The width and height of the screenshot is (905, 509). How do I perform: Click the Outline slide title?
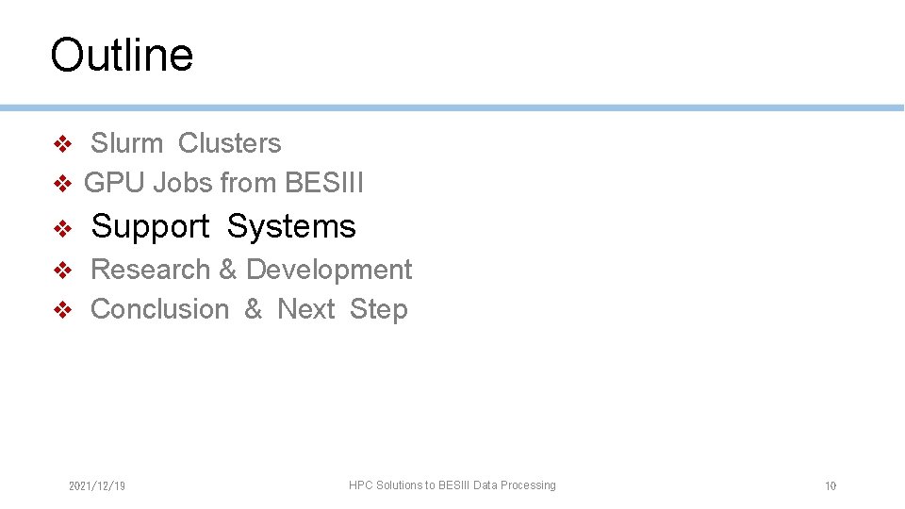tap(122, 55)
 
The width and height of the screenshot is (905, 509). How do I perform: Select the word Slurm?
tap(126, 143)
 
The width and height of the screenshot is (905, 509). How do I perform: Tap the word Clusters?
tap(229, 143)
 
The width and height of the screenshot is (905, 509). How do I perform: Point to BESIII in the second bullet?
tap(323, 183)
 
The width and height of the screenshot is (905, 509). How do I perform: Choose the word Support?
tap(150, 227)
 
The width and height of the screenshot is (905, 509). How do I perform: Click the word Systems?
tap(291, 227)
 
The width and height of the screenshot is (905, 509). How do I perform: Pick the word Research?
tap(150, 270)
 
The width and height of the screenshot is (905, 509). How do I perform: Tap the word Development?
tap(329, 270)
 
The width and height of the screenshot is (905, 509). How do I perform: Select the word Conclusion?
tap(159, 309)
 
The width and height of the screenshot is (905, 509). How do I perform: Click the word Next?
tap(306, 309)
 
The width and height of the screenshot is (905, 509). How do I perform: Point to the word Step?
tap(378, 309)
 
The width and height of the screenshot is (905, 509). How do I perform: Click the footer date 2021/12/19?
tap(97, 486)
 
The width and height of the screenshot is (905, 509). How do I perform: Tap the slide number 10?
tap(831, 486)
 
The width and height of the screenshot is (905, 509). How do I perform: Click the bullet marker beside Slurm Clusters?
tap(62, 144)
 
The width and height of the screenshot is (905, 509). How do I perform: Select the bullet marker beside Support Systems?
tap(62, 228)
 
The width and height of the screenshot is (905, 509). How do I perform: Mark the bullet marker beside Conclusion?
tap(62, 310)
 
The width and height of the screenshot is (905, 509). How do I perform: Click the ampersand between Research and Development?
tap(227, 270)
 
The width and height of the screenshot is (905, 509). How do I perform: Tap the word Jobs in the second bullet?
tap(183, 183)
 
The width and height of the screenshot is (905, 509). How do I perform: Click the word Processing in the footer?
tap(528, 485)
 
